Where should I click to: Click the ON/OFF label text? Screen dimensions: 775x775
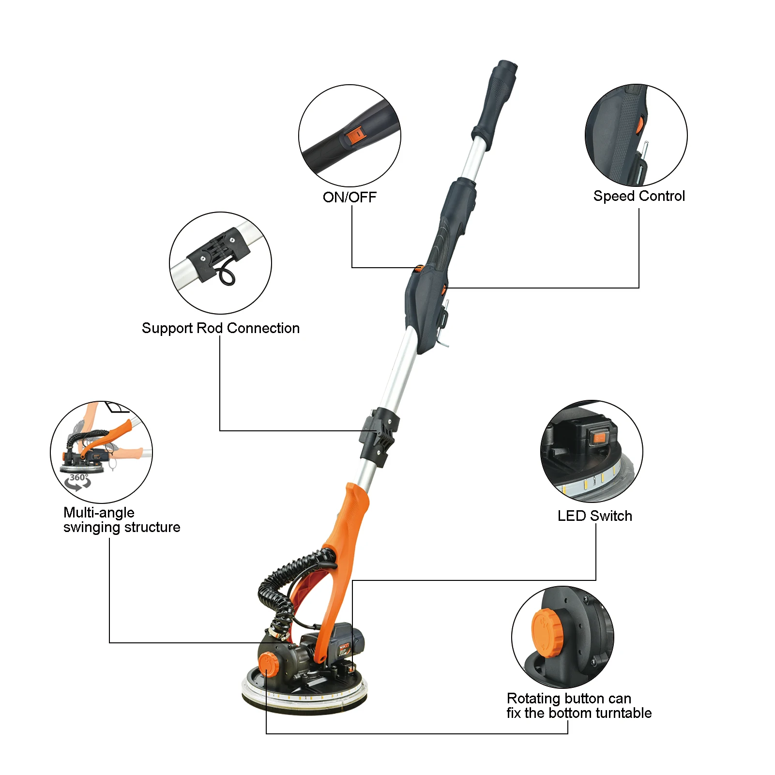[x=350, y=197]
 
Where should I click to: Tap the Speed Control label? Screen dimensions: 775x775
[x=639, y=196]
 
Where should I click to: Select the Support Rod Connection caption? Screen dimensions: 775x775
[x=221, y=328]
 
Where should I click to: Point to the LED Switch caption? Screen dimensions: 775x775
[x=594, y=516]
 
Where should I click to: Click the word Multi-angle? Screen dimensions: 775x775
[x=99, y=513]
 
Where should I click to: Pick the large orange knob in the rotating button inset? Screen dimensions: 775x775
[x=547, y=633]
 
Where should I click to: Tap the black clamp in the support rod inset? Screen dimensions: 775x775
[x=218, y=253]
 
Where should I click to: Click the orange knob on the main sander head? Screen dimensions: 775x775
[x=268, y=664]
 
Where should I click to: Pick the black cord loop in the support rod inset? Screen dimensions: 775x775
[x=227, y=275]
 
